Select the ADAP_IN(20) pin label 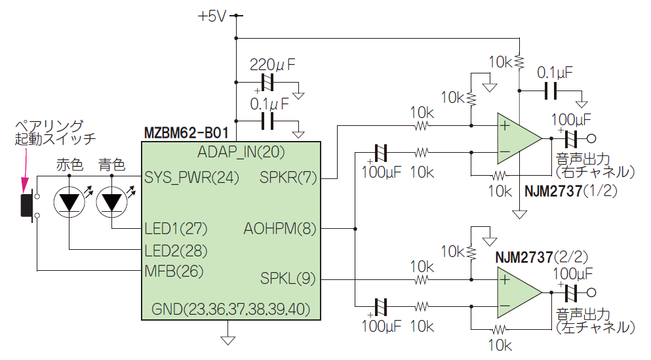click(x=241, y=152)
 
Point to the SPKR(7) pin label click(x=288, y=176)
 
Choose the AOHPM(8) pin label click(x=280, y=228)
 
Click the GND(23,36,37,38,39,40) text click(x=231, y=308)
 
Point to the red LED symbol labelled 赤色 click(x=69, y=202)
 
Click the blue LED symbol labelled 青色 click(x=112, y=202)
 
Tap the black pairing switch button click(x=26, y=205)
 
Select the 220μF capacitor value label click(x=273, y=65)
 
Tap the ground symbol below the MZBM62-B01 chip click(x=227, y=339)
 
